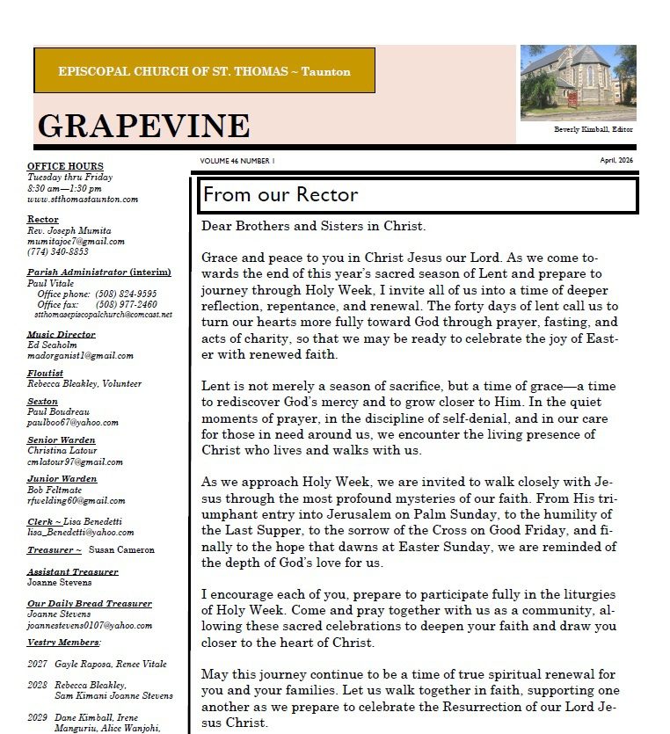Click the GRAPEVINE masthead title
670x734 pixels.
pos(143,126)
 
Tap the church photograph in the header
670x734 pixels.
pos(578,83)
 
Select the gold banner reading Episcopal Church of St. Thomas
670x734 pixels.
pos(204,71)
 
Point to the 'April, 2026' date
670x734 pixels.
pos(616,161)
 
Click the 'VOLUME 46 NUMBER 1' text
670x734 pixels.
pos(237,161)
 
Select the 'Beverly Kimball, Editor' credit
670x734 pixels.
pos(593,130)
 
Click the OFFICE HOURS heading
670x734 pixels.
pos(65,166)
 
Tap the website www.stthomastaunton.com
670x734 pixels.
pos(83,199)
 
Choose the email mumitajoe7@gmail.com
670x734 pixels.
pos(76,241)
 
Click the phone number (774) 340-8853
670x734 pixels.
pos(58,251)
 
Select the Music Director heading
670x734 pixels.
pos(61,335)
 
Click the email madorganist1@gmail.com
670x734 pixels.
pos(80,356)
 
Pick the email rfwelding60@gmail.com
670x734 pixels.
pos(76,500)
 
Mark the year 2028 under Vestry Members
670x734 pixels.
pos(37,685)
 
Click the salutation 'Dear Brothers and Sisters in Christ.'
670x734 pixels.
pos(313,226)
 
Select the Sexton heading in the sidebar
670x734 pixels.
pos(42,402)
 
